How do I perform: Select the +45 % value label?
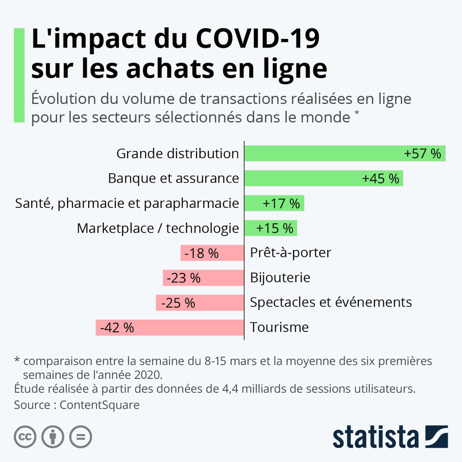(x=380, y=178)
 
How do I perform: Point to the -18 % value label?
(x=201, y=253)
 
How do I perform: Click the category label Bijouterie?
(x=280, y=278)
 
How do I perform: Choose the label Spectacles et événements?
(x=331, y=302)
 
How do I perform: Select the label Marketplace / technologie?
(x=158, y=228)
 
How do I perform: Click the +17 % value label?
(x=281, y=203)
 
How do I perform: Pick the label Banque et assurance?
(x=173, y=178)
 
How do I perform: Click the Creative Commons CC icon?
(x=25, y=437)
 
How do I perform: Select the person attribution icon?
(x=53, y=437)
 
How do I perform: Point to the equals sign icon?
(x=81, y=437)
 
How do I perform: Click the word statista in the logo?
(x=376, y=437)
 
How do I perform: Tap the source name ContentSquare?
(x=100, y=405)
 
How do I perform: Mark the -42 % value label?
(x=117, y=328)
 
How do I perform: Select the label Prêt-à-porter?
(x=290, y=253)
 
